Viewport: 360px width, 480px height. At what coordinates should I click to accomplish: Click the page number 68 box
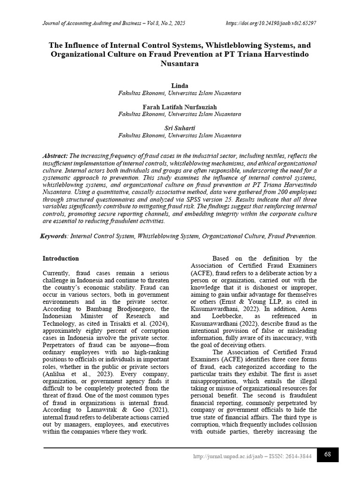[328, 454]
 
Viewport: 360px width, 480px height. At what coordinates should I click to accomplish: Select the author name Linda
[180, 86]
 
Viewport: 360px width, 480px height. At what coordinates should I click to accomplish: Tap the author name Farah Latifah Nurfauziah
[180, 107]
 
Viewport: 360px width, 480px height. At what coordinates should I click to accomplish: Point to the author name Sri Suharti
[180, 128]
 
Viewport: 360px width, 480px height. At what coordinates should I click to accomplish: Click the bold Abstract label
[55, 156]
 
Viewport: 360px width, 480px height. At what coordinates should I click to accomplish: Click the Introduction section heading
[61, 258]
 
